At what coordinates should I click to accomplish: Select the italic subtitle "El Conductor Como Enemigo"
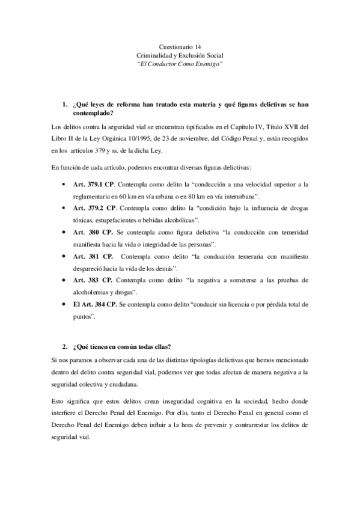[180, 63]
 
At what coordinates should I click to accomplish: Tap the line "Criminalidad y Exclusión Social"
[180, 55]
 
